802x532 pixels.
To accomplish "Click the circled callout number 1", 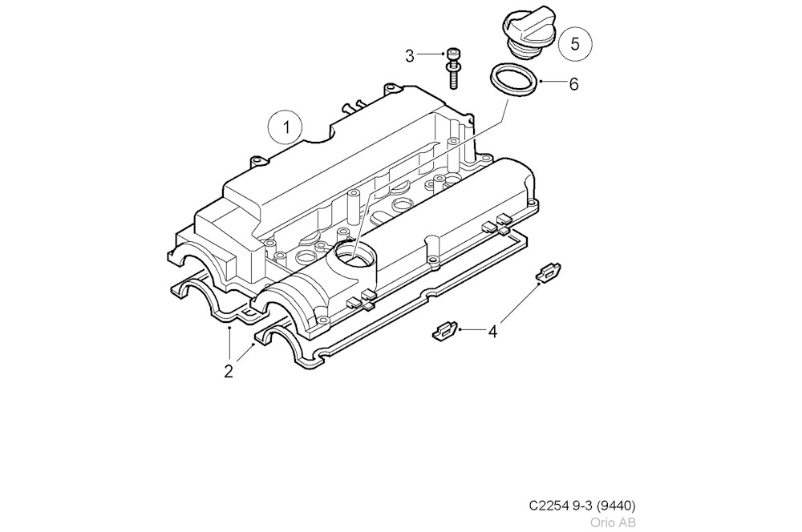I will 284,127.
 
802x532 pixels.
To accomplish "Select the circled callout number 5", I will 574,44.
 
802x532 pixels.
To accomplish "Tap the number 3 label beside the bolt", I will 410,55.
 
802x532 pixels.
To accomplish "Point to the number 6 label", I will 573,84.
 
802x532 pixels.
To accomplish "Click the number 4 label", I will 492,331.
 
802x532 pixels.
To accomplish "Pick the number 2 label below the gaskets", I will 229,371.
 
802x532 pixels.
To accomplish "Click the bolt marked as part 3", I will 453,66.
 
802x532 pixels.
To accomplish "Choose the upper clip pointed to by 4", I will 548,272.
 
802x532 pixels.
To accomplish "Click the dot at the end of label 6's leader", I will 541,82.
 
